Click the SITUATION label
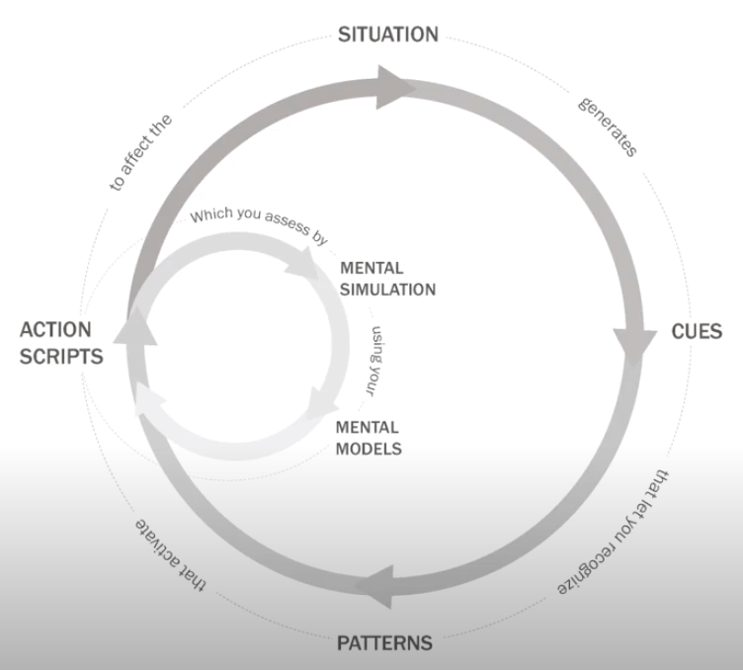(388, 35)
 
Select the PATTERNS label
(384, 642)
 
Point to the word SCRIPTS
(61, 356)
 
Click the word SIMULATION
(387, 290)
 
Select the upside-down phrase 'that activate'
(169, 553)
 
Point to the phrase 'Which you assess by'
(260, 225)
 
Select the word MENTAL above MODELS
(368, 427)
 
